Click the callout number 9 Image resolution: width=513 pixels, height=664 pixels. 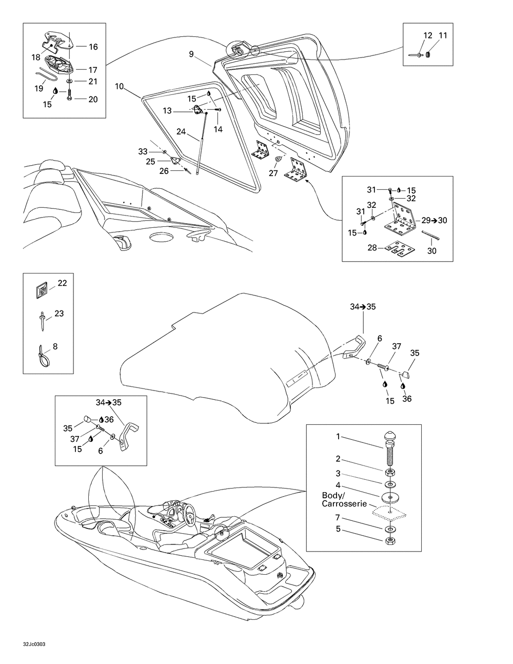click(x=191, y=53)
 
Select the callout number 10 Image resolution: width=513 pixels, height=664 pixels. click(x=119, y=86)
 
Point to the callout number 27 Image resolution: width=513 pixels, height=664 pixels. click(x=273, y=173)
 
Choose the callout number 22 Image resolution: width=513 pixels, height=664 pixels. click(x=62, y=283)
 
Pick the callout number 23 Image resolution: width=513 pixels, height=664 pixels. click(x=60, y=313)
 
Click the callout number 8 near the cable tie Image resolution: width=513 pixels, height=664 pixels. click(x=55, y=346)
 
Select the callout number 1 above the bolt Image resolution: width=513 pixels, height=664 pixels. click(x=338, y=437)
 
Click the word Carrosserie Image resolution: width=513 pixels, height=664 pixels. click(x=343, y=504)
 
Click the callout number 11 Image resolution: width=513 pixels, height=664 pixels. click(x=443, y=35)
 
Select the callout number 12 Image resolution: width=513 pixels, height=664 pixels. click(x=428, y=35)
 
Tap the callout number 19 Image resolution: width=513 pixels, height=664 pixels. click(x=39, y=88)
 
